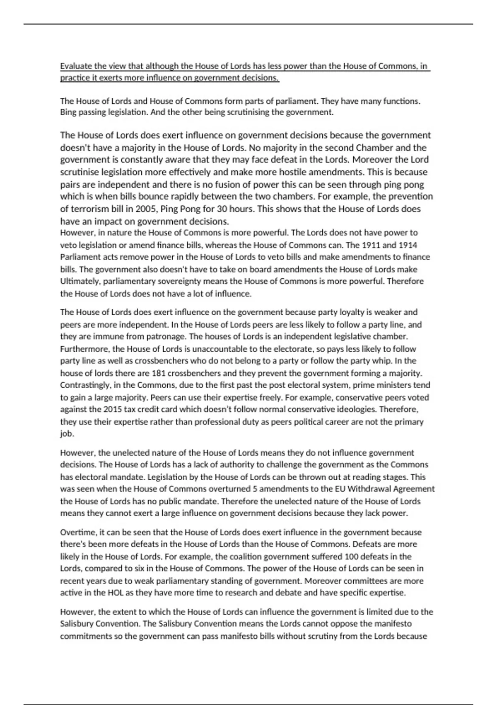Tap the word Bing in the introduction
point(68,112)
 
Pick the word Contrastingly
point(85,385)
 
